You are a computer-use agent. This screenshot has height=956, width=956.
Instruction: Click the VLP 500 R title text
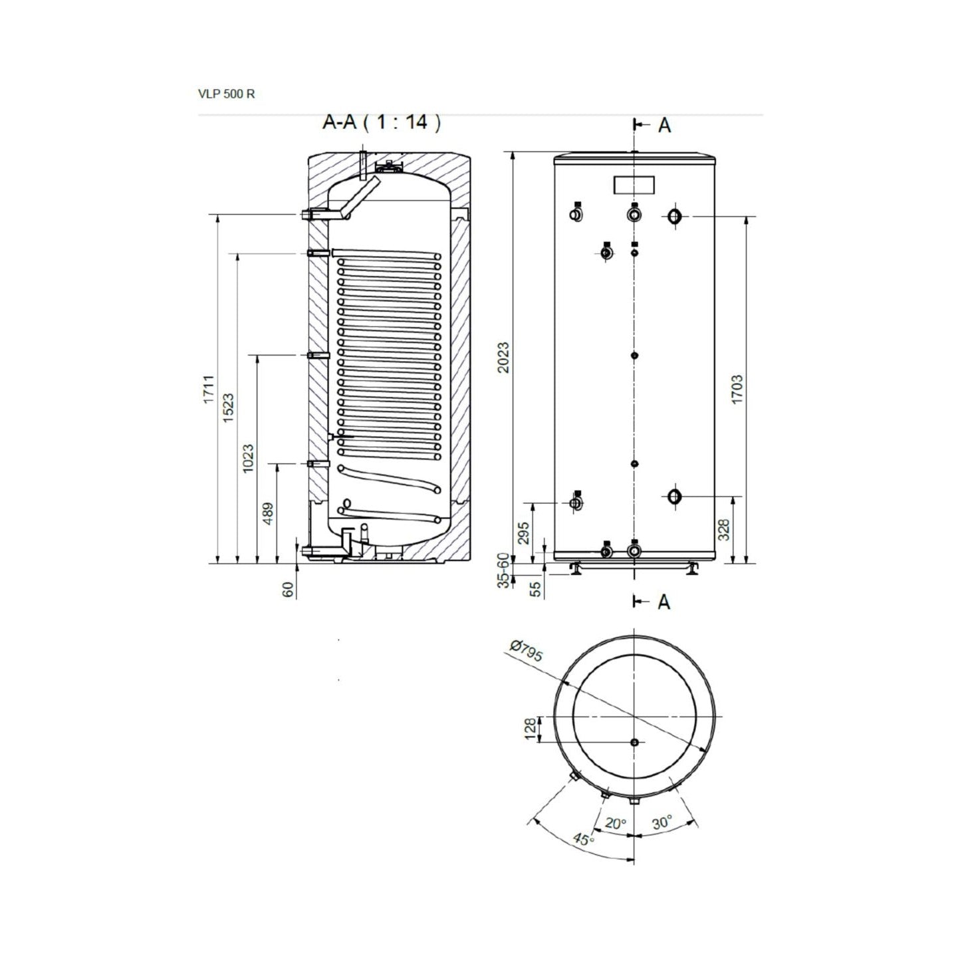[x=226, y=94]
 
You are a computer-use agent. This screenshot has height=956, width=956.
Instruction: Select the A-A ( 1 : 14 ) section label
[x=382, y=122]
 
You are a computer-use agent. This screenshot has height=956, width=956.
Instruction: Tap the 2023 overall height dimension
[x=503, y=357]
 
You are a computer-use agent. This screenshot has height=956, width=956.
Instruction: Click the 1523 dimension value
[x=228, y=408]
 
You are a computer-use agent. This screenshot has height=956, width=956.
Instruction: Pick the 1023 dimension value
[x=248, y=458]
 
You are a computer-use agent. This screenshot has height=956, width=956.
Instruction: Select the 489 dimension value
[x=268, y=514]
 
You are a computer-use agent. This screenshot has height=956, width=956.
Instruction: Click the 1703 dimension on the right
[x=737, y=390]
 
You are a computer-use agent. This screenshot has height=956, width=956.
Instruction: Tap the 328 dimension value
[x=725, y=529]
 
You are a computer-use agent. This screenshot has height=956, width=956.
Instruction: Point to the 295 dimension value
[x=524, y=533]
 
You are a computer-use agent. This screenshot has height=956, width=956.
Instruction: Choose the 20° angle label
[x=616, y=823]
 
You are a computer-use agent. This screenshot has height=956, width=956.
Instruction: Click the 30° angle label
[x=662, y=822]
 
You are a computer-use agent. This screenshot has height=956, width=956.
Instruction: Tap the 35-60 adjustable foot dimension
[x=503, y=570]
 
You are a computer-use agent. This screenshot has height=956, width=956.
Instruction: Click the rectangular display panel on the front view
[x=634, y=185]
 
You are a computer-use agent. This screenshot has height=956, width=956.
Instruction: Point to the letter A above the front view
[x=664, y=126]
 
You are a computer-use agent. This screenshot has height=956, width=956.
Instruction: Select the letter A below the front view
[x=664, y=601]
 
